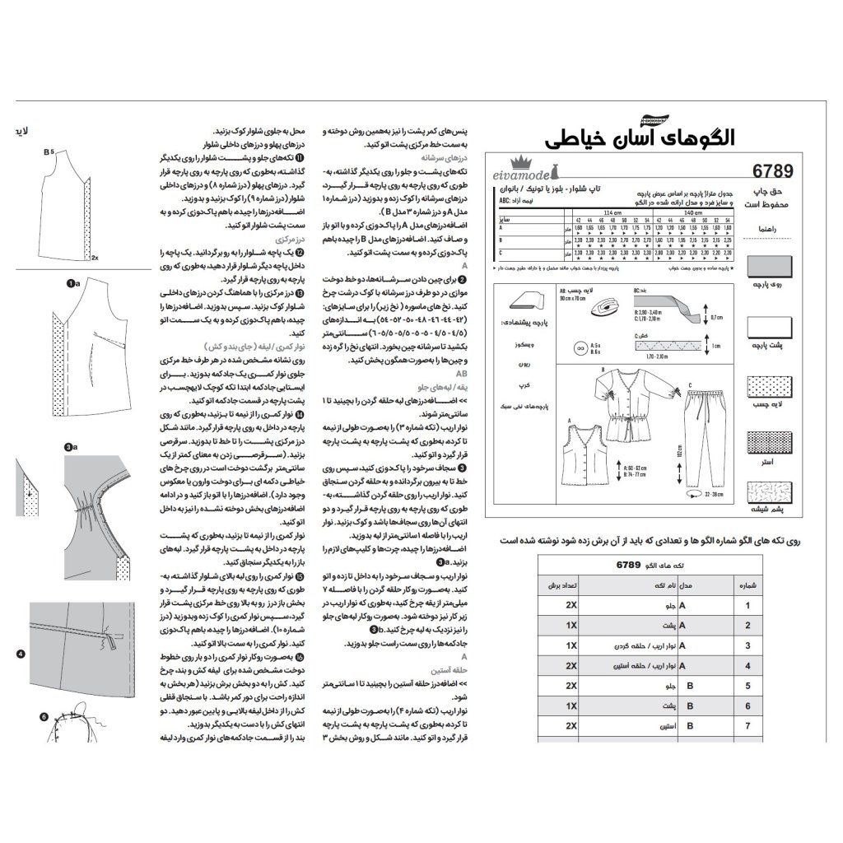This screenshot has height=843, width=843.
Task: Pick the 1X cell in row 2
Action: click(571, 626)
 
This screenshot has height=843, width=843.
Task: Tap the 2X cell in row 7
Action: click(571, 727)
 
